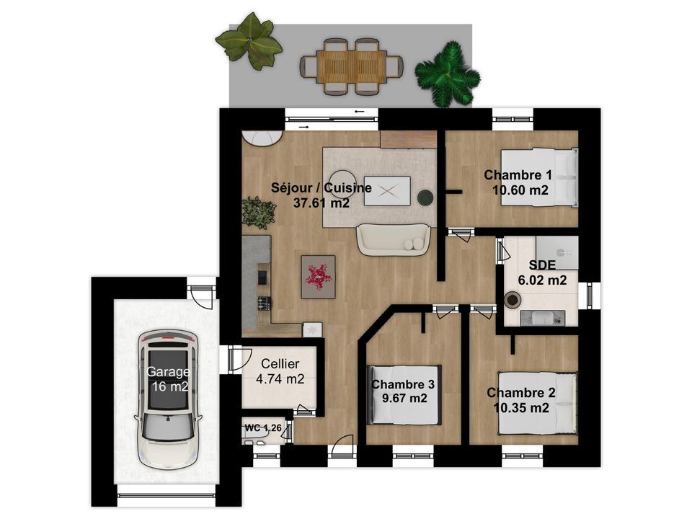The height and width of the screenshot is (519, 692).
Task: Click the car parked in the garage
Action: [168, 399]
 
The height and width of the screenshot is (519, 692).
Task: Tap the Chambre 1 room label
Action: [518, 175]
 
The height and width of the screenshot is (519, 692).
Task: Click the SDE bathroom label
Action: [542, 265]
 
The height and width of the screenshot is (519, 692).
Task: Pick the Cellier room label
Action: [280, 364]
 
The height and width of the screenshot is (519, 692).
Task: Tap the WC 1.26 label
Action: [263, 427]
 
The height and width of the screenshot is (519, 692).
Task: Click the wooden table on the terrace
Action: [352, 66]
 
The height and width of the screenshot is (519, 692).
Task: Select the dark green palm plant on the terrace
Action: [447, 74]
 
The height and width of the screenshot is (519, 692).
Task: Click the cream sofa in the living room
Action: [394, 239]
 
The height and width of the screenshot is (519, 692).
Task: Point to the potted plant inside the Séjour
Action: [259, 213]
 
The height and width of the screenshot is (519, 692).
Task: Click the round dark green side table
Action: [426, 198]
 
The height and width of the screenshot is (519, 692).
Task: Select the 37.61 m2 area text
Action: [321, 203]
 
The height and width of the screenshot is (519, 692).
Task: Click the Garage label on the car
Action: [168, 372]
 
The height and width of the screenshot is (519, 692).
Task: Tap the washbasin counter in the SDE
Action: [542, 318]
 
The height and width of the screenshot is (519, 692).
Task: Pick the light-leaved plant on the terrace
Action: [249, 40]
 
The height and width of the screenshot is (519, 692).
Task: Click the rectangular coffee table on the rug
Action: [387, 191]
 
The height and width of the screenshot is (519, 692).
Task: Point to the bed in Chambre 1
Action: [539, 177]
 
